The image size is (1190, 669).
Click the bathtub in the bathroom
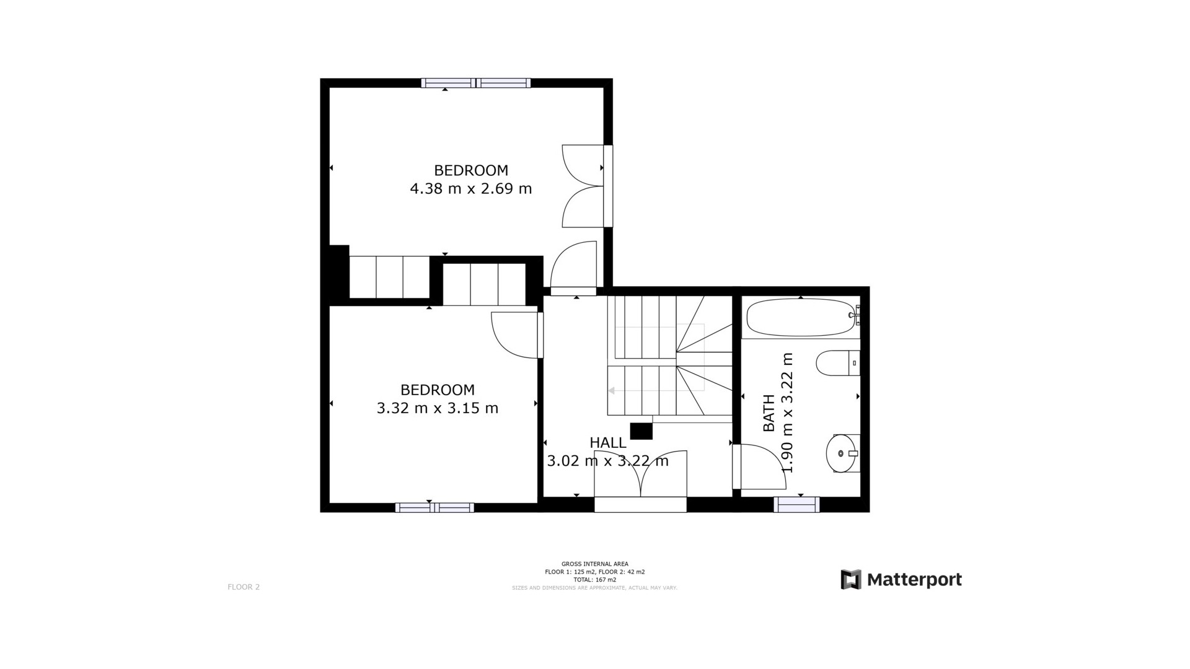800,318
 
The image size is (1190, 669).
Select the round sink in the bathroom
841,453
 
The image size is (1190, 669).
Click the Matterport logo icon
850,579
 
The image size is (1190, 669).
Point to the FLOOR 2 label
244,587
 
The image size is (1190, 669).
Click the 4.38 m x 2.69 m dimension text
471,188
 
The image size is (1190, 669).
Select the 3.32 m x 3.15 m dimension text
438,408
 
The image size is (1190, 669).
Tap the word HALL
608,443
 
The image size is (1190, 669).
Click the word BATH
769,413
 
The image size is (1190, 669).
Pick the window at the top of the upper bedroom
475,83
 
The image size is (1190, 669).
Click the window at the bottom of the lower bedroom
434,508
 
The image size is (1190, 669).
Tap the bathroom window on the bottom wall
796,505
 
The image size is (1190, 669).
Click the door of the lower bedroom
516,335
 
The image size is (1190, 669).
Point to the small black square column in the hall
641,431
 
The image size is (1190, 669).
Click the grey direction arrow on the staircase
611,391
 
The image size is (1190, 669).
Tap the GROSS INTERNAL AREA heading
594,564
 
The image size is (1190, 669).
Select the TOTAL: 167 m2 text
594,580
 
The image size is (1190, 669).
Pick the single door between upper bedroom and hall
573,266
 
